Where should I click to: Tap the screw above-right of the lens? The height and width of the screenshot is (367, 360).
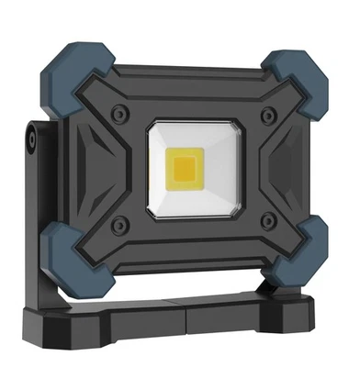coord(268,116)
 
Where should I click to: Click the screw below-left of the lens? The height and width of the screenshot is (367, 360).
coord(118,224)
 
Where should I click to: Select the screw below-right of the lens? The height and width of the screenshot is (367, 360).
coord(267,223)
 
